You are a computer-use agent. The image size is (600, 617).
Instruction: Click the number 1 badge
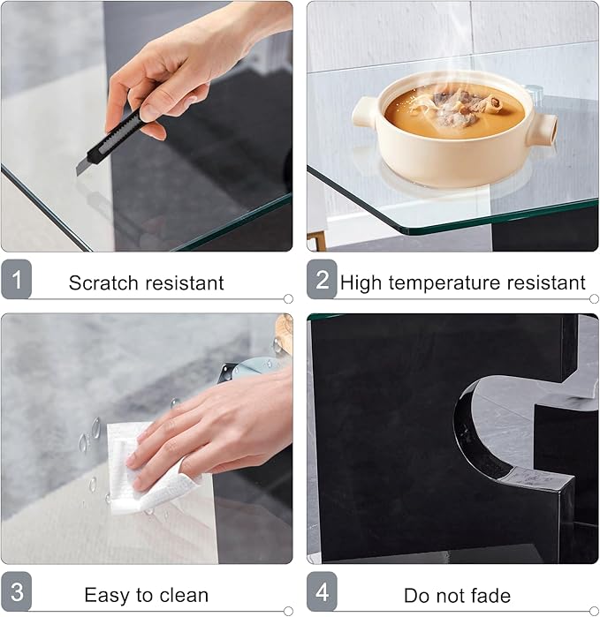tap(16, 279)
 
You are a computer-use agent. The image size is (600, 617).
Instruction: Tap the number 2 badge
tap(322, 279)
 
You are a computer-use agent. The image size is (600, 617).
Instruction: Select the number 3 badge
tap(16, 591)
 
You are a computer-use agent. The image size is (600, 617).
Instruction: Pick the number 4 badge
tap(322, 591)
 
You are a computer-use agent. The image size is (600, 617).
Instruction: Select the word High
tap(361, 283)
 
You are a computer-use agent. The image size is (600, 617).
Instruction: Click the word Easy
tap(105, 596)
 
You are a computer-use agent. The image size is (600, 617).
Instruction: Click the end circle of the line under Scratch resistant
tap(288, 299)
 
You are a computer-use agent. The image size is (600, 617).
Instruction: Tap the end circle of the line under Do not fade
tap(594, 612)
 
